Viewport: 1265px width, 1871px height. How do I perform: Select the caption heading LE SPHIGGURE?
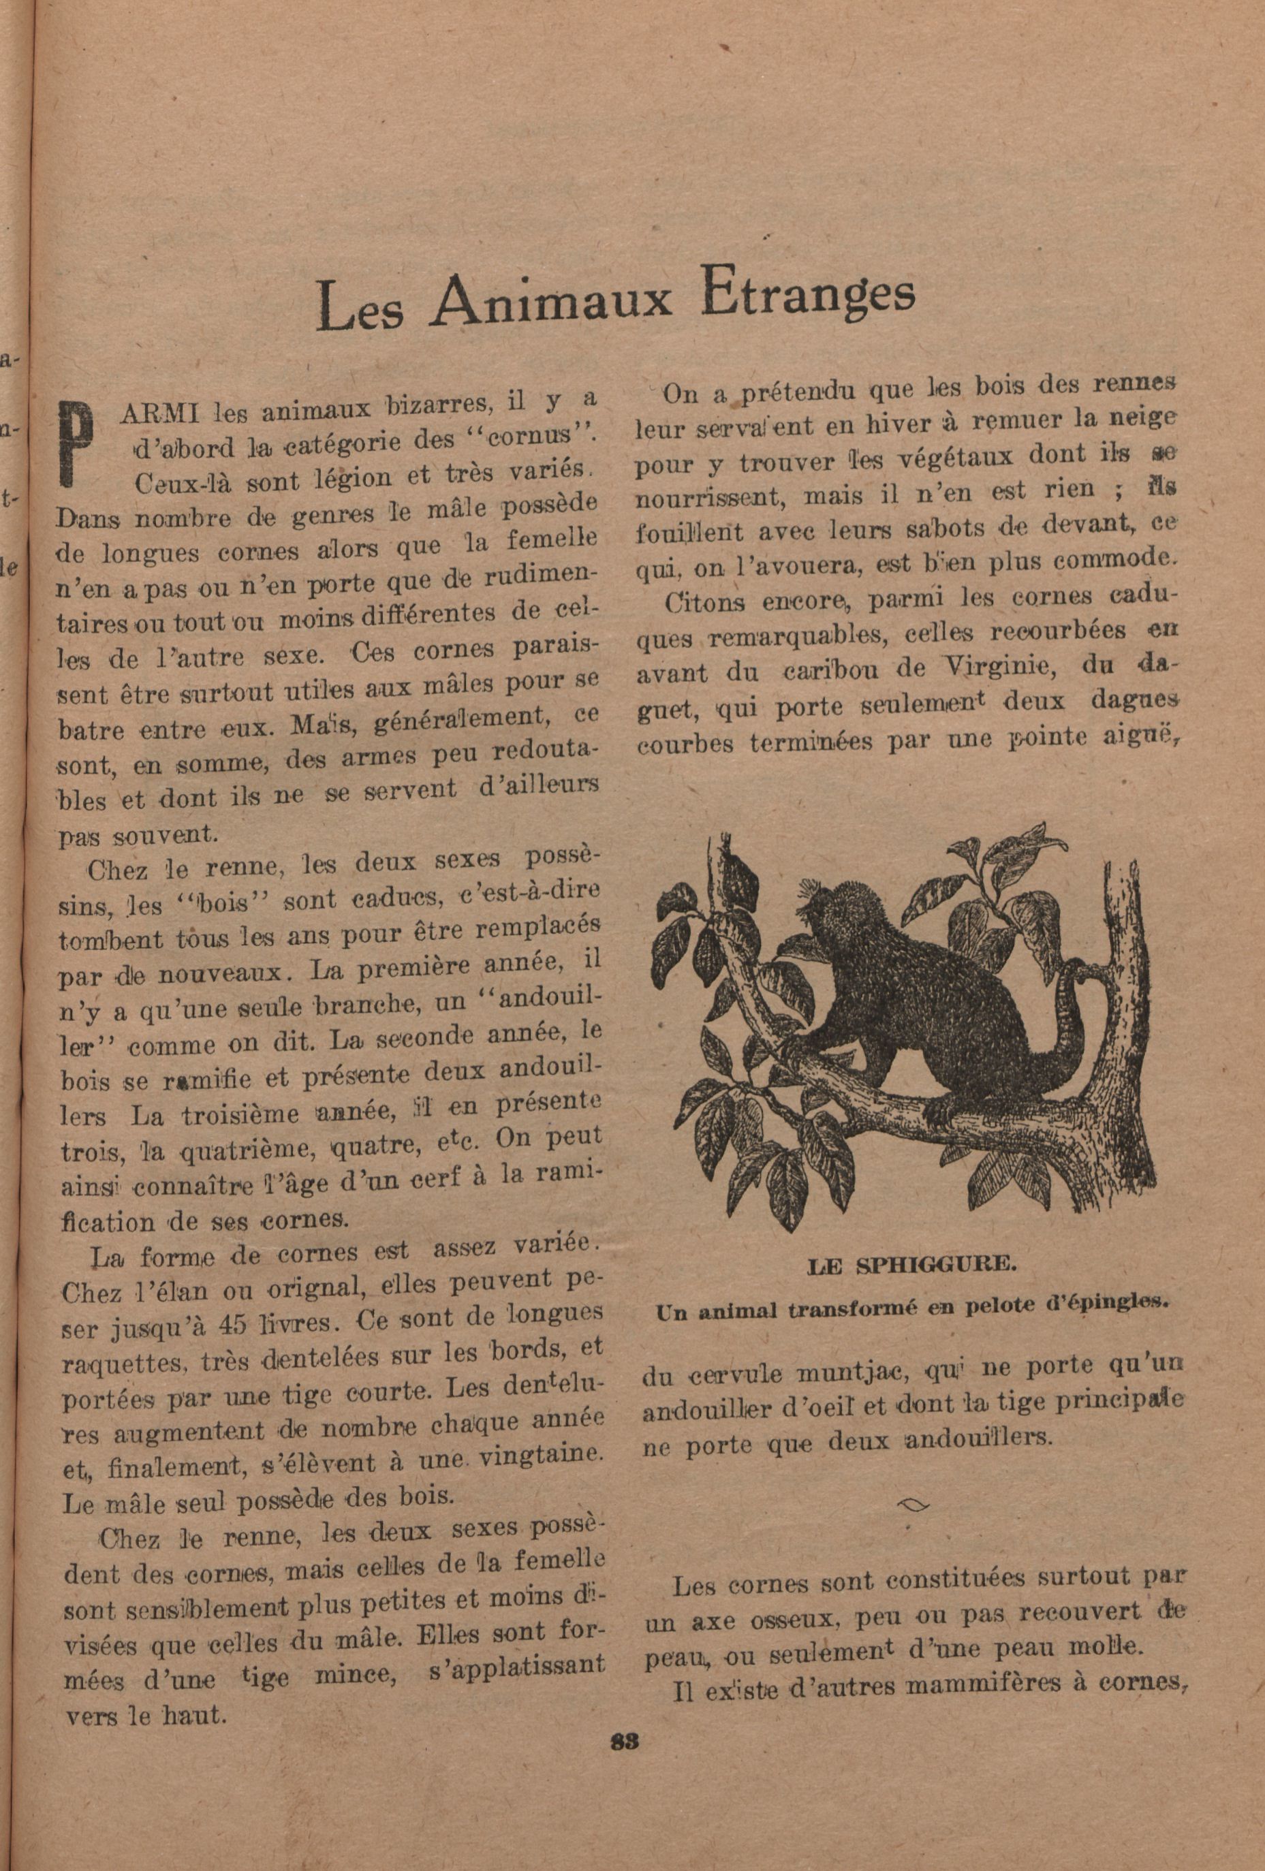[911, 1264]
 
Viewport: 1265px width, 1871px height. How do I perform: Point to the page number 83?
[625, 1742]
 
